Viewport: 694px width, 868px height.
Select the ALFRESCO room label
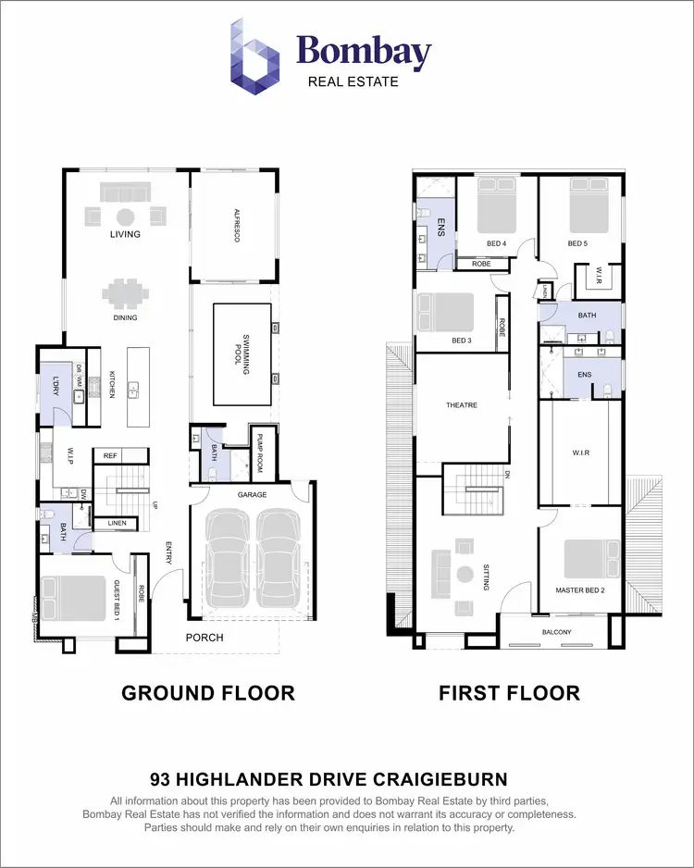pos(236,226)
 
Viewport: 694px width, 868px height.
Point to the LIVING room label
pos(125,235)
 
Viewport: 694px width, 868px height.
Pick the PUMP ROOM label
pos(261,454)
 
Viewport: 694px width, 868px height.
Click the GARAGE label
pos(252,495)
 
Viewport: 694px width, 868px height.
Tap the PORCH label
pos(204,638)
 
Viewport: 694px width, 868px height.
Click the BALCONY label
pos(557,633)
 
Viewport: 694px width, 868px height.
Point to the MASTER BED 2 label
pos(580,589)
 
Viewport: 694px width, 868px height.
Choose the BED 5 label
pos(577,243)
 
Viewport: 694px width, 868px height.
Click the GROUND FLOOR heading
pos(208,693)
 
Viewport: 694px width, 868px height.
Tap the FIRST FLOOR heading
pos(509,693)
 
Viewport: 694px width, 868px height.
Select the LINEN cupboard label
pos(117,524)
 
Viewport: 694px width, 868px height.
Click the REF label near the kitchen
pos(110,455)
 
